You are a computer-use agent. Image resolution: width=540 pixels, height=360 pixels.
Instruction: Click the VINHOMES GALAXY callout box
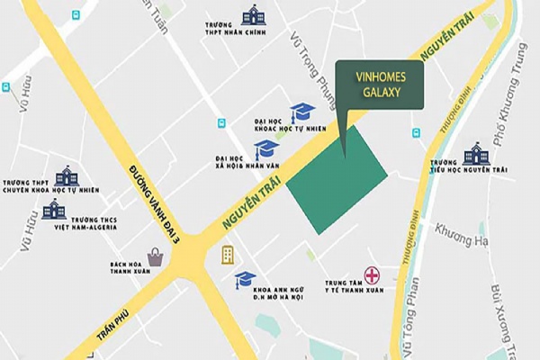(379, 85)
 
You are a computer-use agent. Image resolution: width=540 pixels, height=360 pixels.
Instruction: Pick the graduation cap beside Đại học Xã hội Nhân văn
(267, 148)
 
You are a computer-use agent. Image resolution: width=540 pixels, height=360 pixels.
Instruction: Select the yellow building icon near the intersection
(228, 255)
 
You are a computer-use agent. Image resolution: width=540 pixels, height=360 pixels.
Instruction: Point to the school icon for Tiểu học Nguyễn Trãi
(476, 156)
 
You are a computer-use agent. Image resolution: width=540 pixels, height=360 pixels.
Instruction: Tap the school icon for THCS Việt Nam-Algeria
(54, 210)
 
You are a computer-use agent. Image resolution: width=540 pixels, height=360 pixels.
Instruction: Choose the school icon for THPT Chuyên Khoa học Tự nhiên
(67, 175)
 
